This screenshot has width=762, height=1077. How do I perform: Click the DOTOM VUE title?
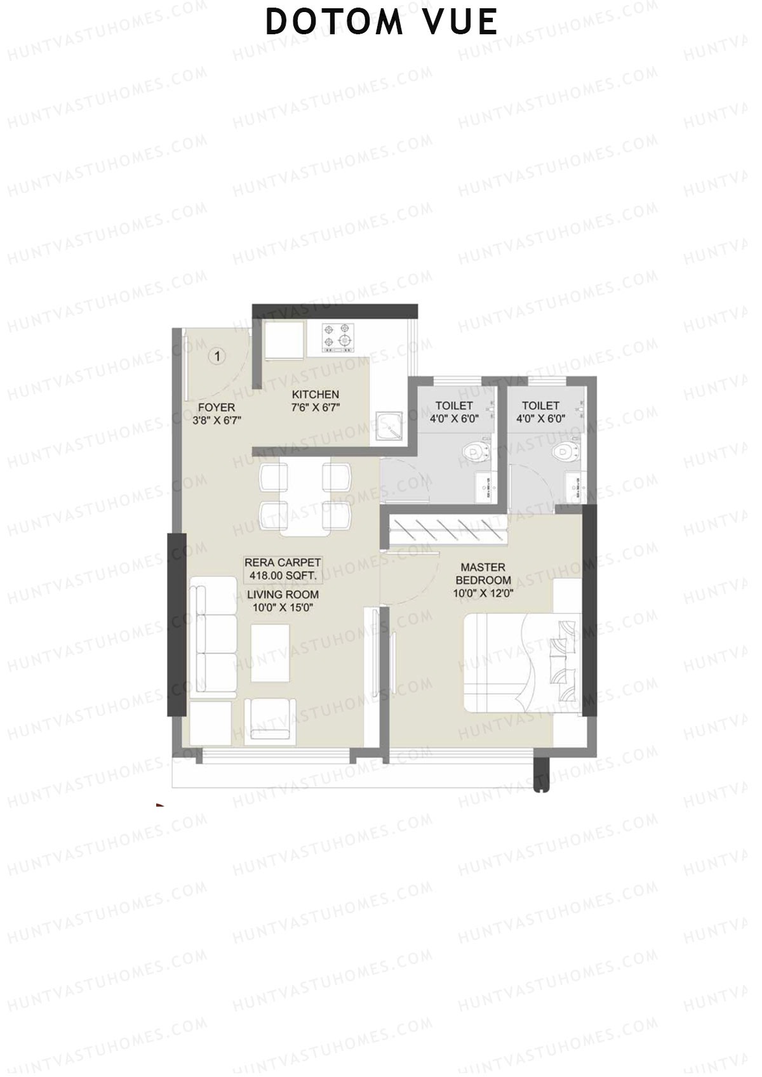(x=381, y=22)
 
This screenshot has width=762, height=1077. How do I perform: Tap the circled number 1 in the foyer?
(x=217, y=357)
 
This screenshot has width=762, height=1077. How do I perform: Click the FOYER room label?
(x=216, y=407)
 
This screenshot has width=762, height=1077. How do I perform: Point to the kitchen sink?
(x=387, y=426)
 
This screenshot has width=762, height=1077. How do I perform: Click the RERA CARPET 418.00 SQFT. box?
(x=283, y=569)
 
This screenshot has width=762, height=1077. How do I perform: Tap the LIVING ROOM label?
(x=283, y=595)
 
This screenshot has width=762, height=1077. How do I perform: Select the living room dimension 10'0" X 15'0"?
(x=283, y=607)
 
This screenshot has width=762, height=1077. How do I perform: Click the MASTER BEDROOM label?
(x=483, y=574)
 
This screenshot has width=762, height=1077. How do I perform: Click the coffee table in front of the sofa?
(x=271, y=652)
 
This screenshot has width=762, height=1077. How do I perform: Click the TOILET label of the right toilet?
(x=540, y=406)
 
